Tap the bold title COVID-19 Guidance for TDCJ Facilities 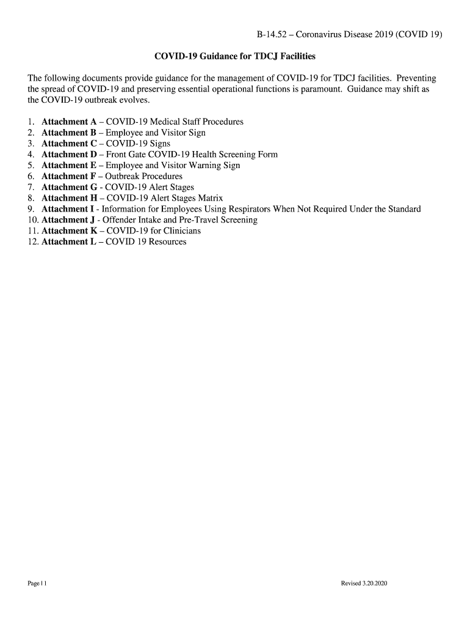coord(235,56)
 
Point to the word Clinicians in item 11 coord(180,230)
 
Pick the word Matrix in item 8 coord(209,198)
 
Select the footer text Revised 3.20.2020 coord(364,584)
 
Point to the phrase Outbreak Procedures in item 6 coord(144,176)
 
